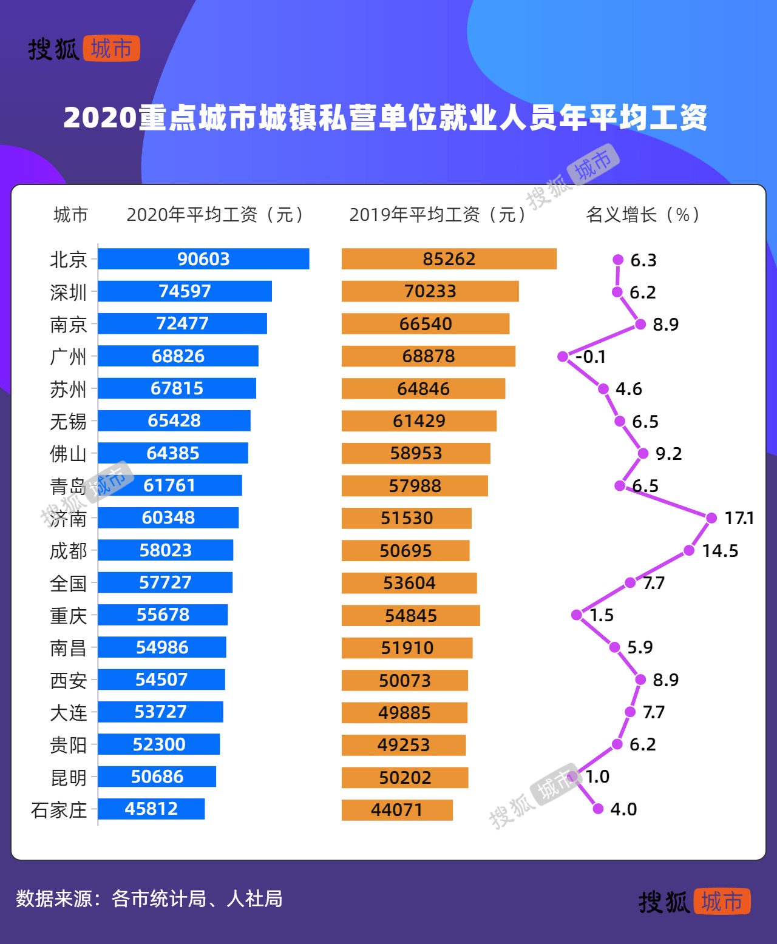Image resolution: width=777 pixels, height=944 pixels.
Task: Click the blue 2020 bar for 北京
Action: click(203, 259)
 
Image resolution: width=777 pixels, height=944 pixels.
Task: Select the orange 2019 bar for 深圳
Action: click(430, 291)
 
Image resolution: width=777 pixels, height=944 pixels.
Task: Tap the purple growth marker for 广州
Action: click(563, 356)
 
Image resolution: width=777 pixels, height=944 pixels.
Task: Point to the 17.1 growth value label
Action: click(739, 518)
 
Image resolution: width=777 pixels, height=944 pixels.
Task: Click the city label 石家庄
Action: click(59, 810)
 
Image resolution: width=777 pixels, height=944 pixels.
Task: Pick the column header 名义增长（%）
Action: click(643, 215)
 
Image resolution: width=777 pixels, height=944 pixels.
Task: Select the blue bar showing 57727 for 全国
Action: click(165, 582)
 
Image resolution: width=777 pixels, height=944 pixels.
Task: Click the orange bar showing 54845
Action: click(410, 615)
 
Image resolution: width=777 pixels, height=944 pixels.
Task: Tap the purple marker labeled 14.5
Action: click(689, 550)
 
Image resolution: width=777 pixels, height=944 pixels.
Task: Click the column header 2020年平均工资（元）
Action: click(215, 215)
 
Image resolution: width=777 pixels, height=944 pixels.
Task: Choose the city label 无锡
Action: click(68, 421)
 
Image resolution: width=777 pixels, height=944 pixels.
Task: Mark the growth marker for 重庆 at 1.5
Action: click(577, 615)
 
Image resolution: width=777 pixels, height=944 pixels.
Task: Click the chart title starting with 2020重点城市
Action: click(385, 118)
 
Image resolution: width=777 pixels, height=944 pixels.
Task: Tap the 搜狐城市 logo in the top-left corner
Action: click(84, 49)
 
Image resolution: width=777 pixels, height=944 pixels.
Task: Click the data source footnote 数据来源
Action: click(149, 898)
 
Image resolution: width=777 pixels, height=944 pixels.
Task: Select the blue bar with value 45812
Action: click(151, 809)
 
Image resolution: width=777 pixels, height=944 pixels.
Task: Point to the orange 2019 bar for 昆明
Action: click(405, 777)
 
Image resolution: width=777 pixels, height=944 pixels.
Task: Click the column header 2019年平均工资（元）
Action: click(438, 215)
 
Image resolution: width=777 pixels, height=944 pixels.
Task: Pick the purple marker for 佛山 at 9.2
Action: click(643, 453)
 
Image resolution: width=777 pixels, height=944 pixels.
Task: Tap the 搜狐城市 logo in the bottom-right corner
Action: click(694, 902)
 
